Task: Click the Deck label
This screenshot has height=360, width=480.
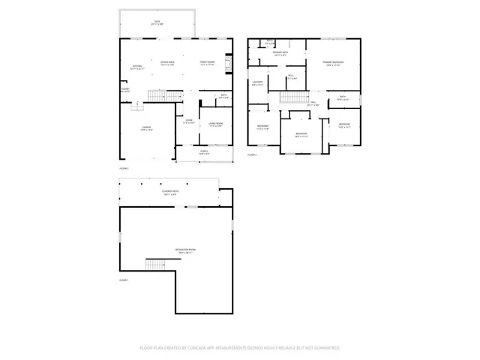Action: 157,22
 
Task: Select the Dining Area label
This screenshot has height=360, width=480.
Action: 168,63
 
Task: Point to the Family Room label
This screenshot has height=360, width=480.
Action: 208,63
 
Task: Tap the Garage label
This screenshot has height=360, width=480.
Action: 147,129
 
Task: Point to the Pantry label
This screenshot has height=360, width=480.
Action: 124,90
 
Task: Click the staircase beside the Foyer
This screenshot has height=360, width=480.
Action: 156,95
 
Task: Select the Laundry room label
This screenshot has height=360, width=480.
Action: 257,82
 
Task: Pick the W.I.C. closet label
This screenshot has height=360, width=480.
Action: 291,76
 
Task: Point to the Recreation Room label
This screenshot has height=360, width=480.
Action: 185,252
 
